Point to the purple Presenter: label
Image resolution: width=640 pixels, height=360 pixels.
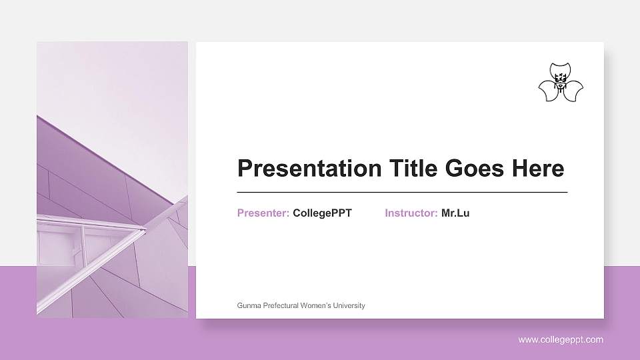[263, 213]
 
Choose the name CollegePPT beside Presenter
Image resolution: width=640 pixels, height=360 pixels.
[322, 213]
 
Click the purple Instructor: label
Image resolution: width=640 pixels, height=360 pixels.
[411, 213]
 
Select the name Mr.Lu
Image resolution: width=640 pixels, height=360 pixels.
[455, 213]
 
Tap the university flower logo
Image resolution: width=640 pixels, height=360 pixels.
[561, 83]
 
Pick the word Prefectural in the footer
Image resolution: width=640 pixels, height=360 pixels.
[281, 306]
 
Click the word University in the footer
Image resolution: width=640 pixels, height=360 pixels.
[350, 306]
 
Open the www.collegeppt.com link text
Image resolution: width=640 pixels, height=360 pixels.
[561, 340]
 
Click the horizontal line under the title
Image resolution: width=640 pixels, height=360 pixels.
[402, 192]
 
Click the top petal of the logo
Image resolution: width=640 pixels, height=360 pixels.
[561, 70]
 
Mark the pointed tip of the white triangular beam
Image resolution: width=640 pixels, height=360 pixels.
[145, 231]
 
